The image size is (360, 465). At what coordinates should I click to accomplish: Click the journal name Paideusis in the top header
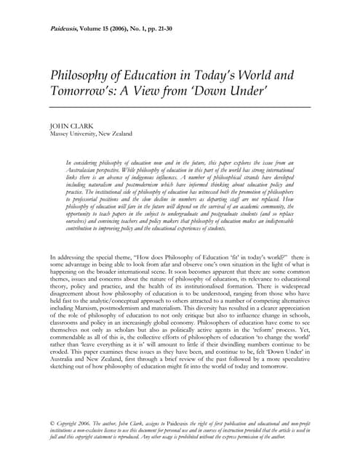[x=65, y=31]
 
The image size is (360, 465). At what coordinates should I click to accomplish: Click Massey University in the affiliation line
[x=77, y=134]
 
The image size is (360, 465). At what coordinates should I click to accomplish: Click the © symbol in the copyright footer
[x=52, y=422]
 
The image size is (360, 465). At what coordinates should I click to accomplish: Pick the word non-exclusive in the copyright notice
[x=108, y=429]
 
